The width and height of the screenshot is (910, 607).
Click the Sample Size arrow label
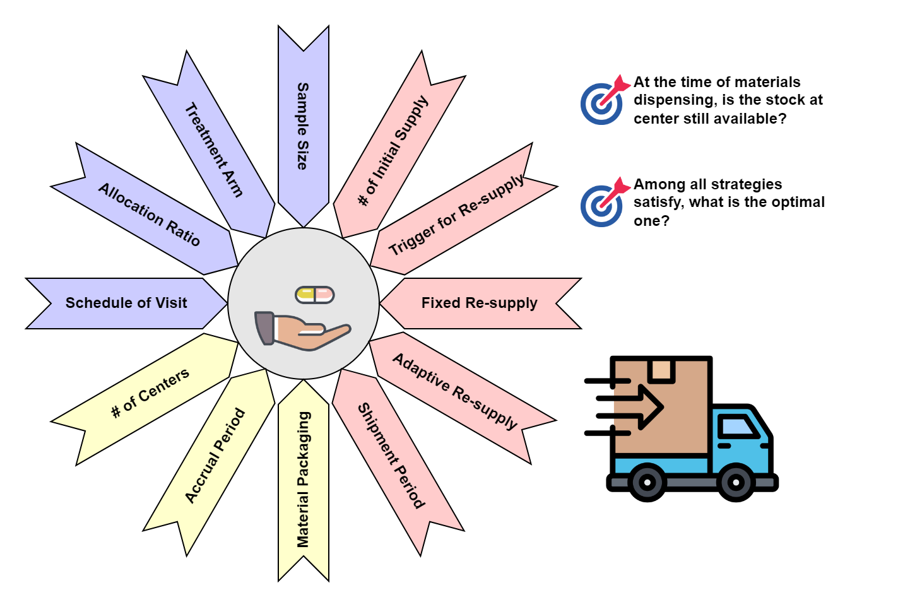303,126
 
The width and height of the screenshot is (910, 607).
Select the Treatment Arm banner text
213,150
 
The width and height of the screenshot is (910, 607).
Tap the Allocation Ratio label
150,215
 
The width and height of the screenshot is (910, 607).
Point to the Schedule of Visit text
126,303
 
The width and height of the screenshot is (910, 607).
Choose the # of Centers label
150,393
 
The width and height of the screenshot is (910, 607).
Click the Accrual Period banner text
215,455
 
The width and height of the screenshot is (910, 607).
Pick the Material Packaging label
304,480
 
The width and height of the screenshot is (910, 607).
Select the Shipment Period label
391,456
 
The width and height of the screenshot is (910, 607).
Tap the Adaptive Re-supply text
455,391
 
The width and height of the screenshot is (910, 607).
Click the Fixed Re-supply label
479,303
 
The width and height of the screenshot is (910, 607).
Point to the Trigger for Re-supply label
456,215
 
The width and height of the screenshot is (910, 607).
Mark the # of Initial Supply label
393,150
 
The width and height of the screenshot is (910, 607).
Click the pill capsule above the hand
315,294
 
